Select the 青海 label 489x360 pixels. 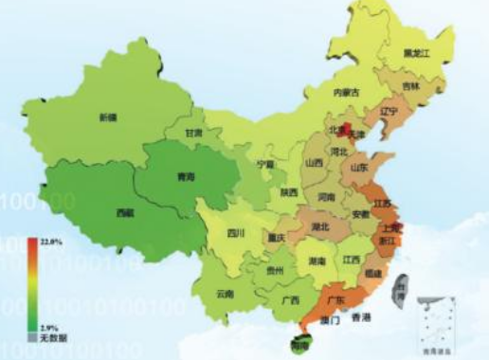tap(187, 176)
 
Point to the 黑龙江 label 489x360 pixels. tap(417, 54)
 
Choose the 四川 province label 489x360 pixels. tap(236, 233)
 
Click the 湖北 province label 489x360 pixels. tap(319, 227)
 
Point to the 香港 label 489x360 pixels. tap(360, 315)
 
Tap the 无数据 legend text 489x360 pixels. tap(50, 337)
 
